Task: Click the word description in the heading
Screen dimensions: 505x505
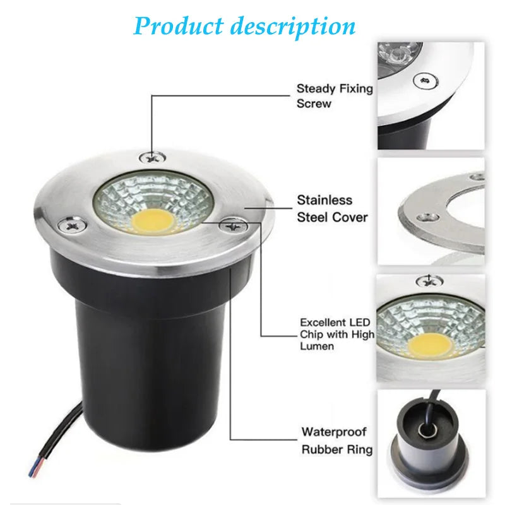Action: [x=292, y=27]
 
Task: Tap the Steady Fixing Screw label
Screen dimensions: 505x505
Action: [x=335, y=96]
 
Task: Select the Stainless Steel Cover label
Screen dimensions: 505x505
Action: [x=332, y=208]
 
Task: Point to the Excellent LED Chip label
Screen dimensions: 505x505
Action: [x=336, y=334]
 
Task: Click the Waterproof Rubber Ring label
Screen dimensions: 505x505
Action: [x=336, y=441]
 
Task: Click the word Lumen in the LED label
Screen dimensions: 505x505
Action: [x=317, y=346]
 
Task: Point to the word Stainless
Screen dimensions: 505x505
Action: [x=324, y=200]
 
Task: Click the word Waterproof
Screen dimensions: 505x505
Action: [x=334, y=432]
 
